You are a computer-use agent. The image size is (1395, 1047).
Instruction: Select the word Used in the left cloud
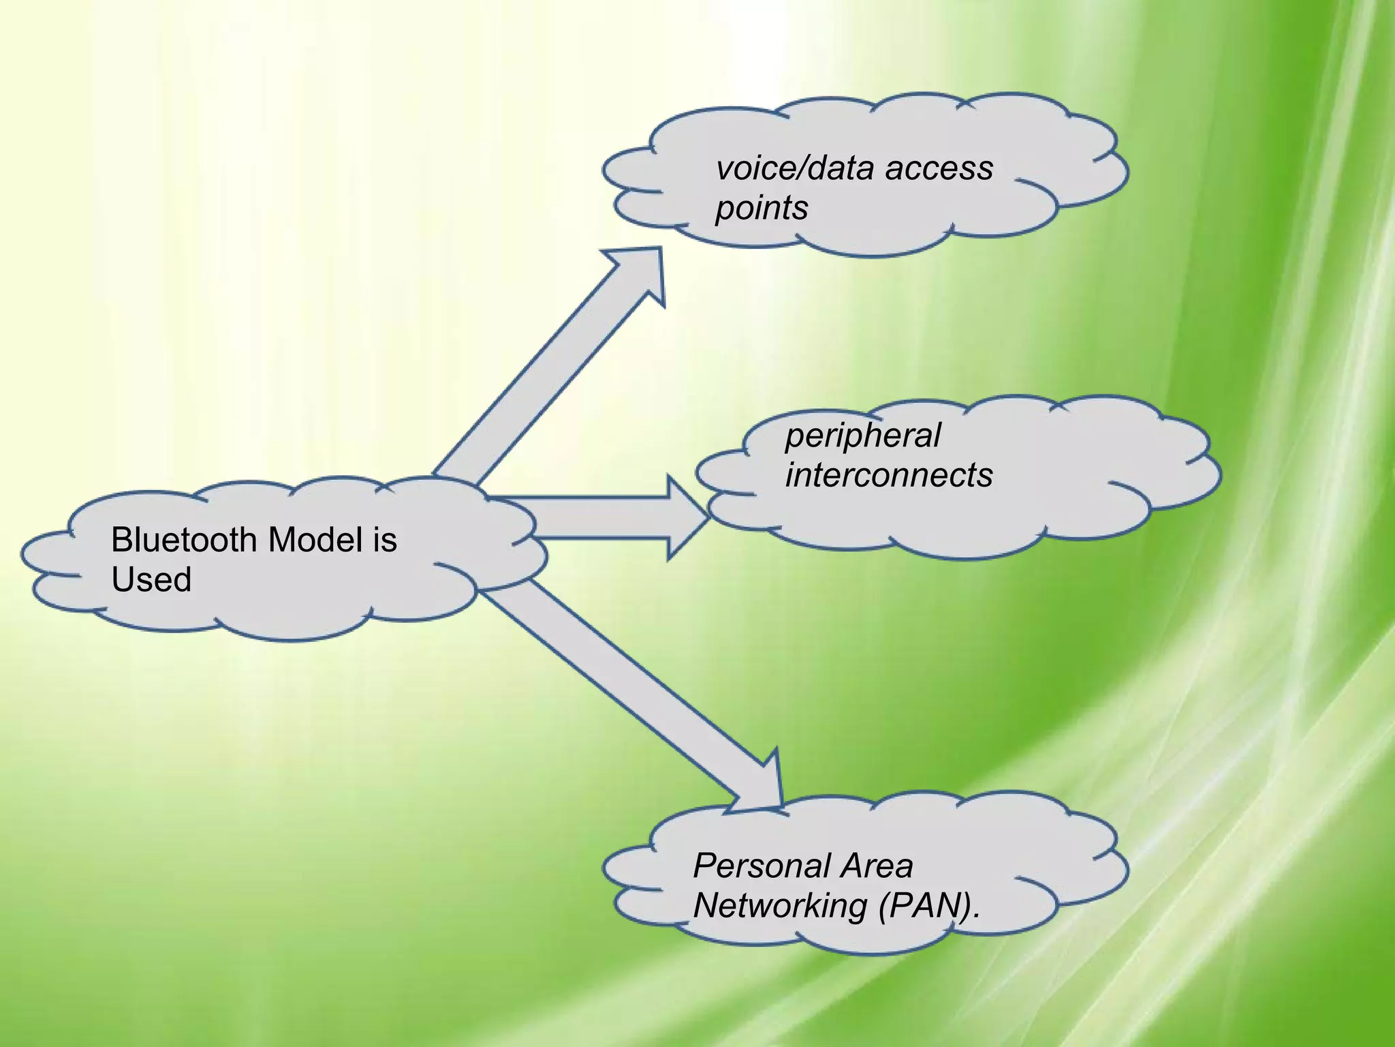click(151, 580)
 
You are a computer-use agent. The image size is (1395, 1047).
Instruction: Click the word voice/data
click(794, 168)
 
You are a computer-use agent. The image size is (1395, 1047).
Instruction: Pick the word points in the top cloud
click(761, 208)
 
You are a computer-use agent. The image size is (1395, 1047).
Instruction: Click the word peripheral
click(862, 436)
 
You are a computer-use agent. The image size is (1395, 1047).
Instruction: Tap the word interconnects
click(888, 475)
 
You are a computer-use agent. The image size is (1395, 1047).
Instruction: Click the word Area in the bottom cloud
click(877, 866)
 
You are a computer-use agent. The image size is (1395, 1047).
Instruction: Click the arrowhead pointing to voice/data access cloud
click(637, 273)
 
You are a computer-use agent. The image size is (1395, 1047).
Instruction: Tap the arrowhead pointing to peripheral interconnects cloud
click(685, 519)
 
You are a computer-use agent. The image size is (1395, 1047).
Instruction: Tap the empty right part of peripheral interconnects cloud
click(1103, 470)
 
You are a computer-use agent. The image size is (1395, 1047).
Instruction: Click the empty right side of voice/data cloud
click(1063, 164)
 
